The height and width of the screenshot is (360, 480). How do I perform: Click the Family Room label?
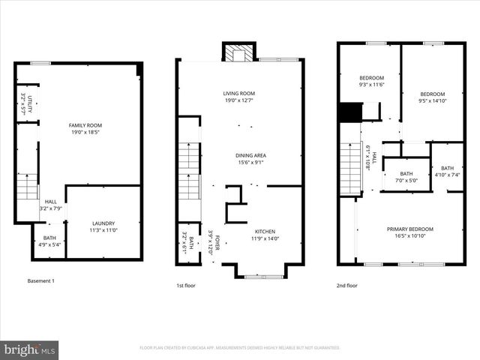85,125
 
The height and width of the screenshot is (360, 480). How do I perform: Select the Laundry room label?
103,223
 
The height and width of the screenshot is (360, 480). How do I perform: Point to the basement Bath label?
49,238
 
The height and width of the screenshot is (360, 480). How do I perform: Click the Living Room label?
238,93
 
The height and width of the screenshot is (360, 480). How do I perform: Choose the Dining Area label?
251,155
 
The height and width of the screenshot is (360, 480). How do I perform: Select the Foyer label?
217,245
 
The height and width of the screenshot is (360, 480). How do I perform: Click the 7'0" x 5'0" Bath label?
405,177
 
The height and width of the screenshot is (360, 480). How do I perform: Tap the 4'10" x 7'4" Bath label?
447,171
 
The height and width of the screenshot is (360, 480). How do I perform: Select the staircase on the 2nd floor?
350,169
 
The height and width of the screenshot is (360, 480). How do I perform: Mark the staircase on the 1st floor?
189,173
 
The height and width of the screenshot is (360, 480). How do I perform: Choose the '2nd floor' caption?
347,285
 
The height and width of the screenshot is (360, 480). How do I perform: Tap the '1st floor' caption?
187,285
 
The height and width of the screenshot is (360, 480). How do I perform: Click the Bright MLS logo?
29,349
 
